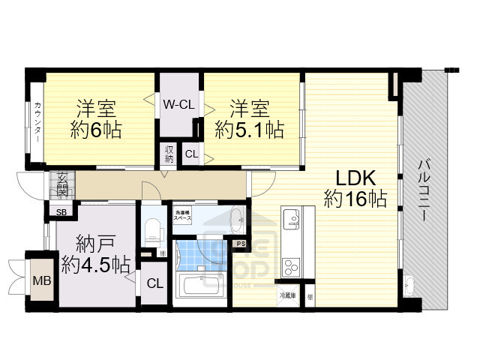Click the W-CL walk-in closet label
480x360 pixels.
[x=179, y=104]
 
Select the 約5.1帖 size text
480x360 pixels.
[x=249, y=128]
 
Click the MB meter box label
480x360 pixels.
[x=37, y=282]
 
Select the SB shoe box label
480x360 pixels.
[x=61, y=212]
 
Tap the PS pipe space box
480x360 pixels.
[x=241, y=244]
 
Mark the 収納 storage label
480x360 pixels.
[x=169, y=154]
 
